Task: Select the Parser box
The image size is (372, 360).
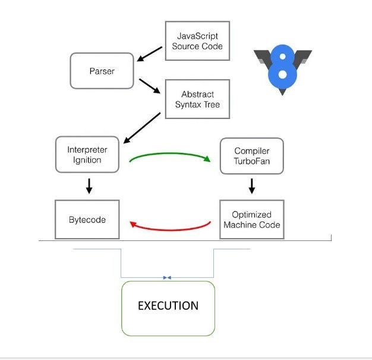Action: (x=102, y=71)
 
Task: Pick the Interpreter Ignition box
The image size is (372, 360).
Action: (x=87, y=154)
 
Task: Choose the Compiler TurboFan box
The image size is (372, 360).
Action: (x=251, y=156)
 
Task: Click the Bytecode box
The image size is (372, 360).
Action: (x=87, y=220)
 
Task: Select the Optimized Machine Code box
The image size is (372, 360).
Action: (x=251, y=219)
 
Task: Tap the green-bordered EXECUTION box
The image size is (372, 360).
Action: (x=168, y=308)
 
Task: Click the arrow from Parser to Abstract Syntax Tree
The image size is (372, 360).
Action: (x=150, y=86)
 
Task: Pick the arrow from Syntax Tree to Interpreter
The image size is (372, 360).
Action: (x=143, y=128)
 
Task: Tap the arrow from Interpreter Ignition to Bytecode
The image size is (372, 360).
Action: (x=89, y=187)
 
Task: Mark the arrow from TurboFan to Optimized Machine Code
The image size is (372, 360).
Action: (x=251, y=186)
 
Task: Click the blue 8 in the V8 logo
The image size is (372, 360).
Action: (x=283, y=65)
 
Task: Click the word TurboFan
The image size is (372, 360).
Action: (x=251, y=161)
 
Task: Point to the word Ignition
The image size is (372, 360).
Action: (x=87, y=160)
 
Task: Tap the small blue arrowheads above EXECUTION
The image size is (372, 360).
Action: (x=167, y=277)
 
